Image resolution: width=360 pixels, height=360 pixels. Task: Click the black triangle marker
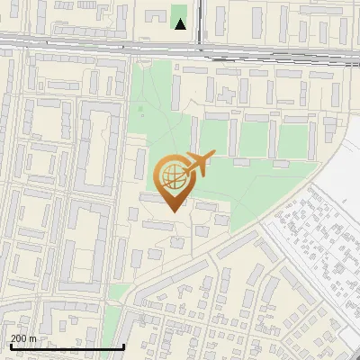(181, 24)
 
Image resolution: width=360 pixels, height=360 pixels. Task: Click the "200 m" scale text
(23, 338)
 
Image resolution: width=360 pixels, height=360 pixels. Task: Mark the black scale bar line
(67, 346)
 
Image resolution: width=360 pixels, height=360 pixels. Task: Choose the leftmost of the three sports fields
(217, 138)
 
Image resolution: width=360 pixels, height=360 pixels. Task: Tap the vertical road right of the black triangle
(200, 22)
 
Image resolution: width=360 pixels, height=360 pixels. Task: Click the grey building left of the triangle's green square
(163, 18)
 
